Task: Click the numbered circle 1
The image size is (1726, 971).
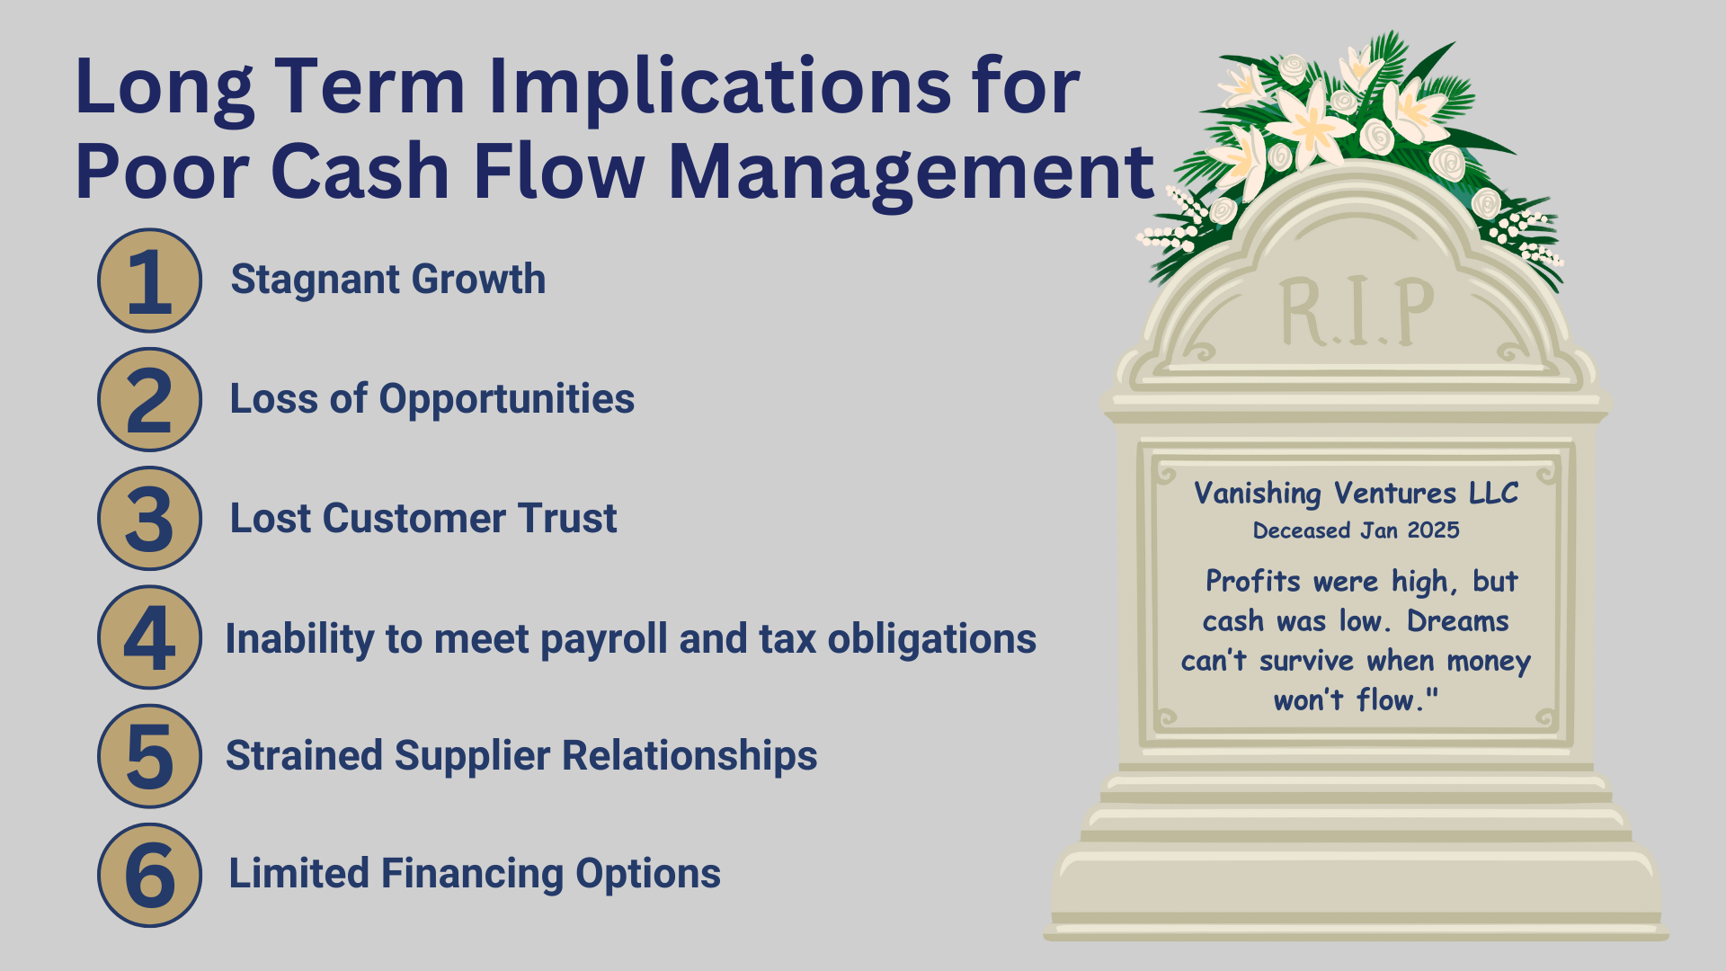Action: [x=149, y=281]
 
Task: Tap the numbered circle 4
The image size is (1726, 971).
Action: [x=149, y=637]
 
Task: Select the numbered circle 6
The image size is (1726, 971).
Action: [x=149, y=875]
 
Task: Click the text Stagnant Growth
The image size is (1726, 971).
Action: [x=387, y=280]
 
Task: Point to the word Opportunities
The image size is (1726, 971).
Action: [x=506, y=399]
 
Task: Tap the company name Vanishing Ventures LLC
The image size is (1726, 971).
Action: [x=1356, y=494]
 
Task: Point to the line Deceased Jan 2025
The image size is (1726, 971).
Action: [x=1356, y=530]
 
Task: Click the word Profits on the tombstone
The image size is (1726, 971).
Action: [x=1253, y=582]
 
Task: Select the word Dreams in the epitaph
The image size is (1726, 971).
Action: [x=1457, y=621]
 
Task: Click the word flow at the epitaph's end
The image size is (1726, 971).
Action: [x=1388, y=700]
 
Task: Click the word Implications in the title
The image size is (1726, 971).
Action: [x=720, y=87]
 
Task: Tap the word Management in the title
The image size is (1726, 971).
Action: [x=911, y=173]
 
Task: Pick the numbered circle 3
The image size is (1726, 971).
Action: [x=149, y=519]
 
